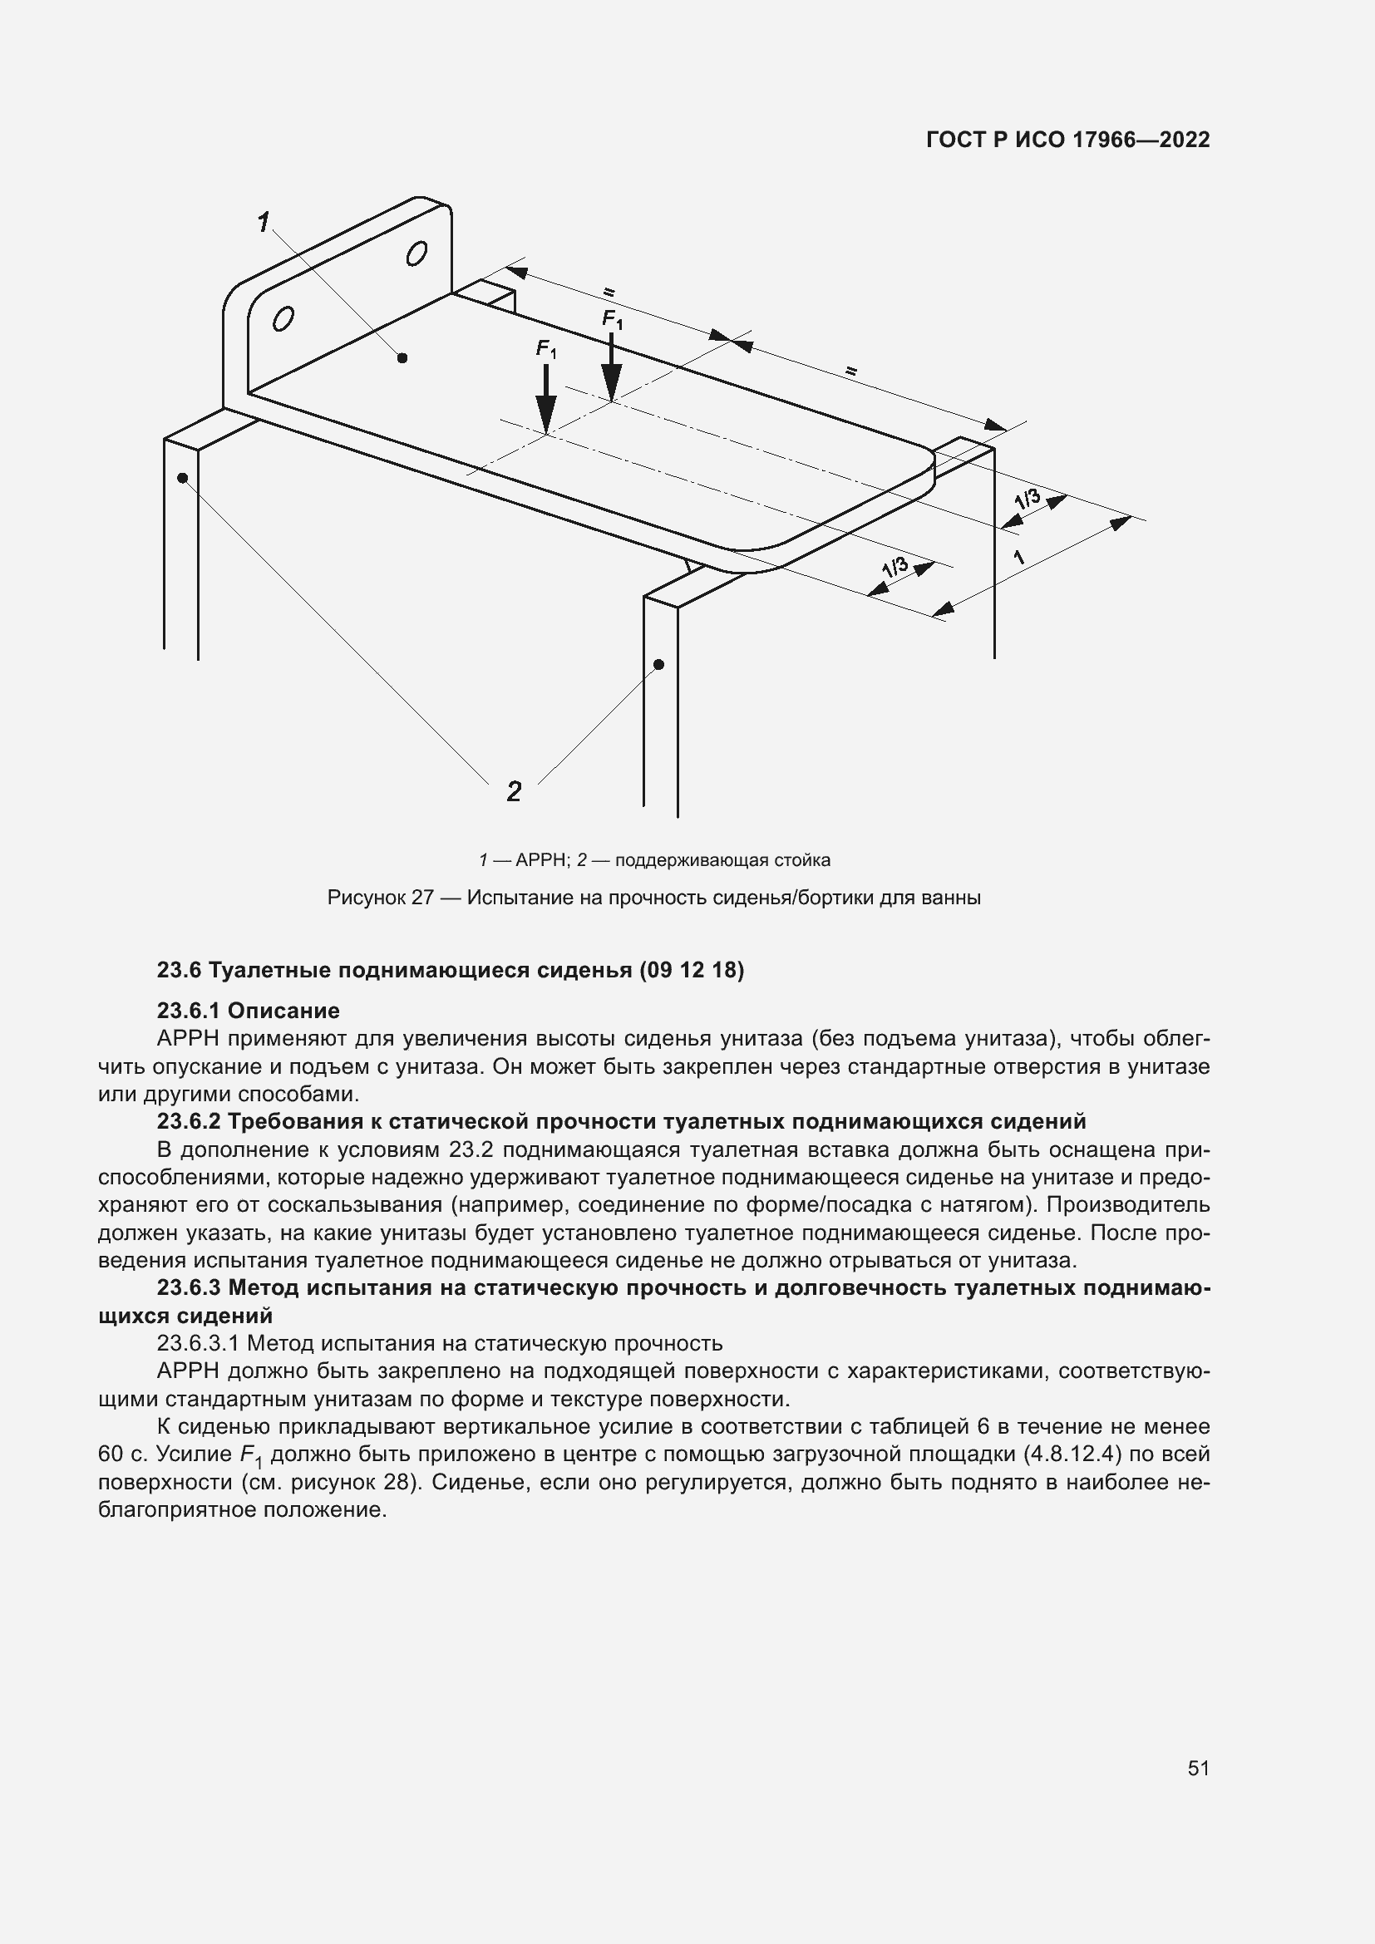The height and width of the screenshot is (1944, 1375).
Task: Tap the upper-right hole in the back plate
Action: click(416, 254)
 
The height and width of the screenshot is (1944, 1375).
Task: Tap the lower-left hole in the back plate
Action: click(283, 319)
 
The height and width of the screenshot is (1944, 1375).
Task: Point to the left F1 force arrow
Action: click(547, 403)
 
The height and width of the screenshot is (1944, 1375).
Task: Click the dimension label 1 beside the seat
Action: click(1019, 557)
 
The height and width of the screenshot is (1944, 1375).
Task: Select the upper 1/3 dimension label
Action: click(1027, 499)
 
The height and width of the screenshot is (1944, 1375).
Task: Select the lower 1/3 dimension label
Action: click(895, 567)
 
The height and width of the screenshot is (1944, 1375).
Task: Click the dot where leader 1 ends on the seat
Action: click(402, 358)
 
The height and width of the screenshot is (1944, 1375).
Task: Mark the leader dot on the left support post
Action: click(182, 479)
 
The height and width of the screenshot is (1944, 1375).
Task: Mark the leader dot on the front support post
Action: click(659, 665)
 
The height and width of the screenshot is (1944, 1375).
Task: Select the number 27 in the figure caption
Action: click(422, 898)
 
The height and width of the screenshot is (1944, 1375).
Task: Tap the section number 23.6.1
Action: click(188, 1010)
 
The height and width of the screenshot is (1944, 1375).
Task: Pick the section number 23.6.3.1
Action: click(199, 1343)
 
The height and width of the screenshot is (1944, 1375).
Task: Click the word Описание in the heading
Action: click(283, 1010)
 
